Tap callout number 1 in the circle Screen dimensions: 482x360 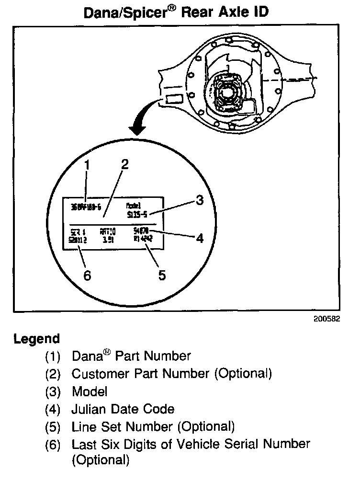(x=87, y=166)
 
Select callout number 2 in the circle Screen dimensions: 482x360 (x=124, y=165)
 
